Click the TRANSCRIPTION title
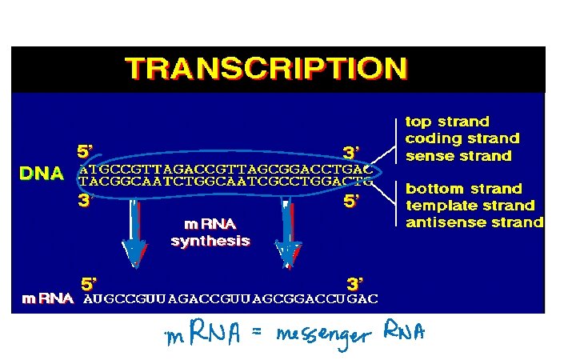(x=266, y=68)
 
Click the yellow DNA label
(x=42, y=174)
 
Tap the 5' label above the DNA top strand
(x=85, y=150)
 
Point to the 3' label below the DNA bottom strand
(x=85, y=201)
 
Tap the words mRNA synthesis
(x=210, y=232)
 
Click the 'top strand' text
(x=447, y=122)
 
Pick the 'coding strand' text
(x=462, y=138)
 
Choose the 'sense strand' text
(x=458, y=156)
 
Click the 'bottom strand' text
(x=463, y=189)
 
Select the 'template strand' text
(x=470, y=206)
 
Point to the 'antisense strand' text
(x=474, y=222)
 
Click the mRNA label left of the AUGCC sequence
(x=46, y=299)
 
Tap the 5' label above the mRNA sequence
(x=90, y=283)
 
